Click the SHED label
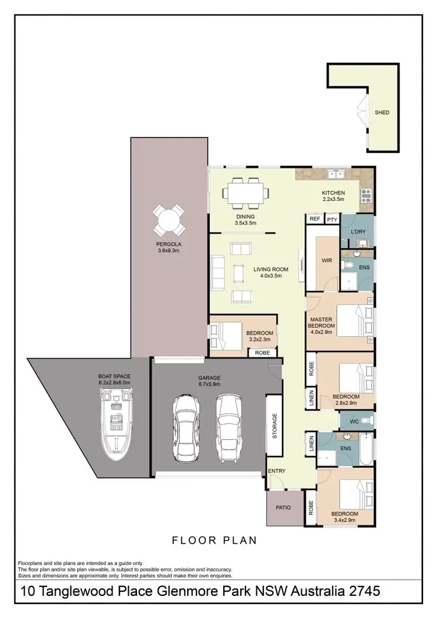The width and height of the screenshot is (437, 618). tap(382, 112)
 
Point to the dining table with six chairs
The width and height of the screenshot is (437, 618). tap(248, 193)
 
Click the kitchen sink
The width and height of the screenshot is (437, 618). tap(336, 174)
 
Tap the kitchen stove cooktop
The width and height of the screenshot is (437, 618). tap(367, 196)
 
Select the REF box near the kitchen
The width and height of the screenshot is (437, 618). tap(315, 219)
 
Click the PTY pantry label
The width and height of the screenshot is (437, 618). tap(332, 219)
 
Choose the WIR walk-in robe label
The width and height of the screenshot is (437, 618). tap(327, 261)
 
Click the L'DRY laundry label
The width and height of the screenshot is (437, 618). tap(357, 232)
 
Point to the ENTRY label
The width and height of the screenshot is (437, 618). tap(276, 471)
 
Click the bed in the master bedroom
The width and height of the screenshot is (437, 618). tap(355, 323)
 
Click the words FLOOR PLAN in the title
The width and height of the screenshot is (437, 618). tap(214, 540)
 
